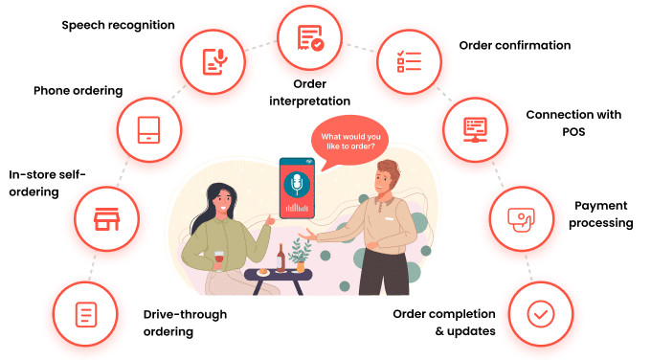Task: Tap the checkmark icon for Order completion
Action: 540,313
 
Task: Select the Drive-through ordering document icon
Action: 85,313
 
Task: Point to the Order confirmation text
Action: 514,45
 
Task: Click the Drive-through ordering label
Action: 186,323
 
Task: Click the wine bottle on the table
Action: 281,256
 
